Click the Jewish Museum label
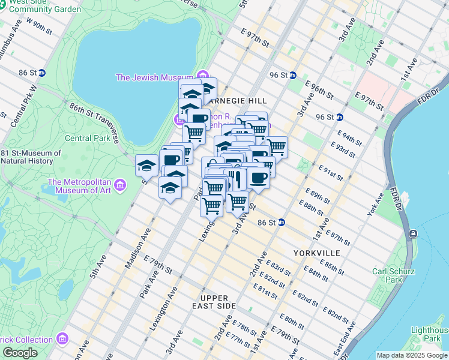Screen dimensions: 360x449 point(154,77)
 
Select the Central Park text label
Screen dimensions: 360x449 point(86,139)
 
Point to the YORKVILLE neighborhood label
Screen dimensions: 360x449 point(317,253)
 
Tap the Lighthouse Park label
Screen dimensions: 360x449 point(428,335)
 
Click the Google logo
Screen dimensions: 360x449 point(19,353)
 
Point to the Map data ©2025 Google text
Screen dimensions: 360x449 point(411,355)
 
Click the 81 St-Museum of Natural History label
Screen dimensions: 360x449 point(31,157)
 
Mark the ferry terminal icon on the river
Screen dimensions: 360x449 point(413,233)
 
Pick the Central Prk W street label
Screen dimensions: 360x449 point(23,107)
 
